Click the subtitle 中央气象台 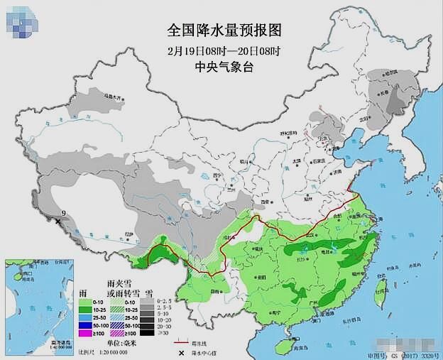[224, 67]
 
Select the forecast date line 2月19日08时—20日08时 [224, 50]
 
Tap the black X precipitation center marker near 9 [58, 222]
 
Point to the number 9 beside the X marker [63, 213]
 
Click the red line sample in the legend [185, 342]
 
